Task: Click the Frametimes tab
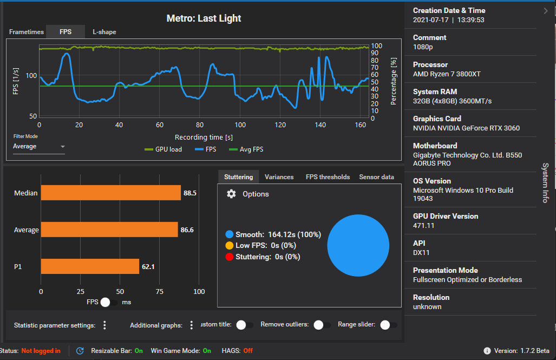click(26, 32)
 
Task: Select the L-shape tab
click(104, 32)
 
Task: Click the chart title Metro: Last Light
click(204, 18)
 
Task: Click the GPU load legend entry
click(163, 149)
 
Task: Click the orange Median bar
click(110, 193)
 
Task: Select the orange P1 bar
click(90, 266)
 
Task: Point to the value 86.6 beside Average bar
click(187, 230)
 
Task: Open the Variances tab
click(279, 177)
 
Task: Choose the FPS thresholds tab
click(328, 177)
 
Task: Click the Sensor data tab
click(376, 177)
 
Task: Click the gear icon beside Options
click(231, 194)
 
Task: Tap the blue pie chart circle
click(358, 245)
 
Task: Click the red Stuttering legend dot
click(230, 257)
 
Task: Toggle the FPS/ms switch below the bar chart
click(109, 302)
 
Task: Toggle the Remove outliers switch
click(322, 325)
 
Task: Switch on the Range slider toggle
click(388, 325)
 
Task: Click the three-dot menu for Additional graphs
click(191, 325)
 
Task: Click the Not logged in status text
click(41, 351)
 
